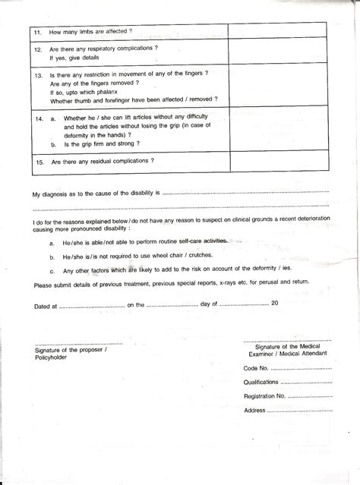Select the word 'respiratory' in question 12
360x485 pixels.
[x=106, y=48]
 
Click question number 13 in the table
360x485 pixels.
[x=39, y=76]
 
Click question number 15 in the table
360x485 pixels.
[x=39, y=162]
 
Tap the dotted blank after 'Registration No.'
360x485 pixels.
[x=311, y=396]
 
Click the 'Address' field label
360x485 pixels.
[x=254, y=411]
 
